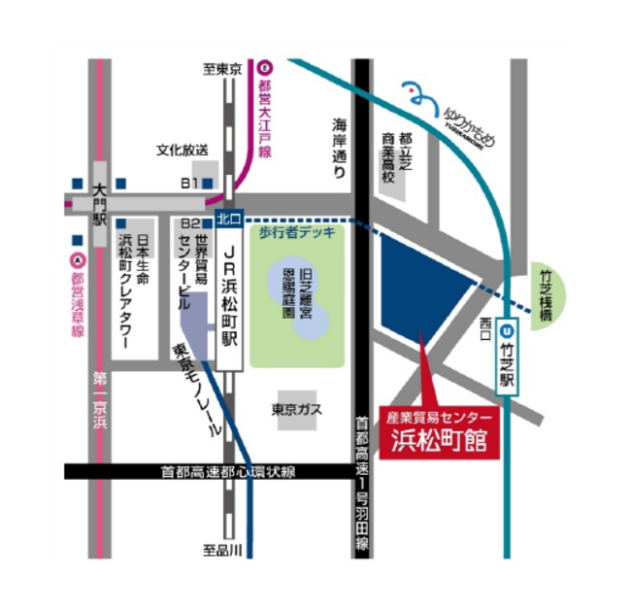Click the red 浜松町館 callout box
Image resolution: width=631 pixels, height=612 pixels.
tap(436, 431)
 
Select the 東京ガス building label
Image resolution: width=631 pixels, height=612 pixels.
tap(296, 409)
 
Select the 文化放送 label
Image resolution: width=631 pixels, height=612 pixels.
tap(183, 151)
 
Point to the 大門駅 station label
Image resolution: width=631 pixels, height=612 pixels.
tap(98, 201)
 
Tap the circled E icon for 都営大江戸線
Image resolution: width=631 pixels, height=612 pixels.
tap(266, 68)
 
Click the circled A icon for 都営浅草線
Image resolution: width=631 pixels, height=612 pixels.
tap(78, 259)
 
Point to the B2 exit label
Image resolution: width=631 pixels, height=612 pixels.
tap(191, 222)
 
